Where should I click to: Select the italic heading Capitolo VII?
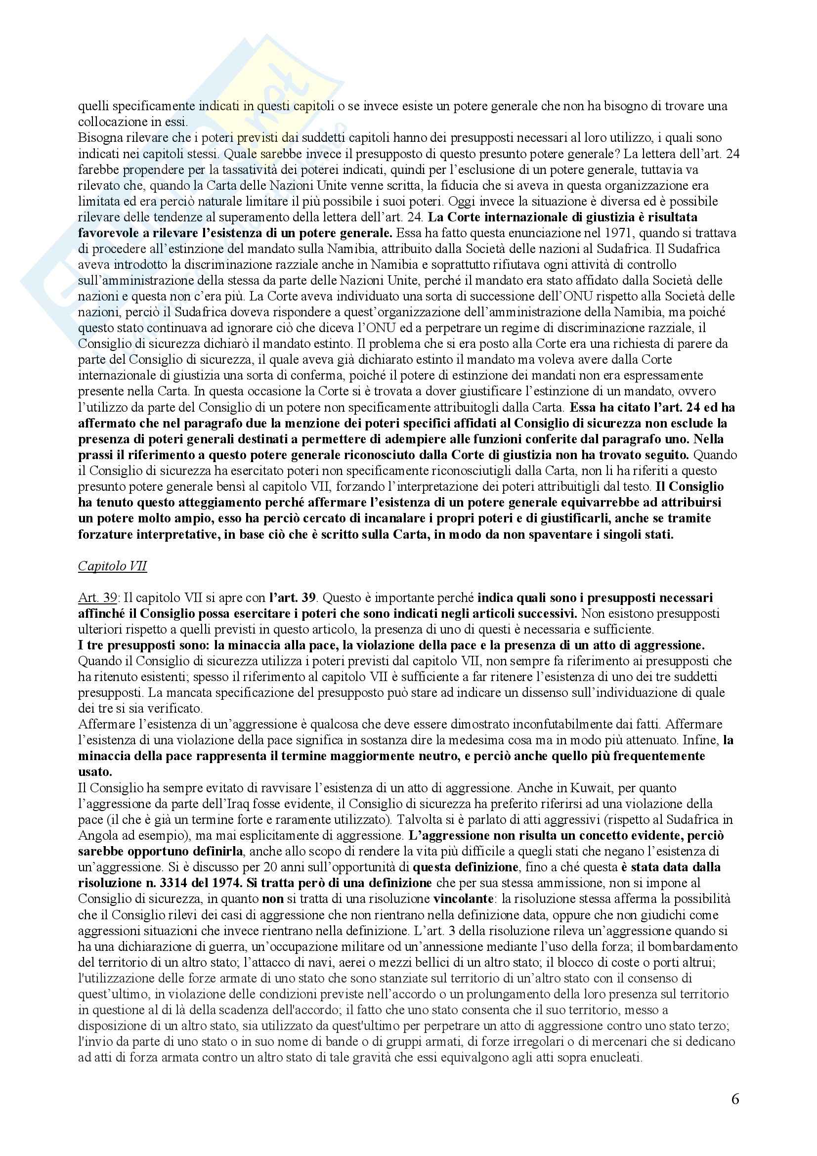(x=112, y=566)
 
